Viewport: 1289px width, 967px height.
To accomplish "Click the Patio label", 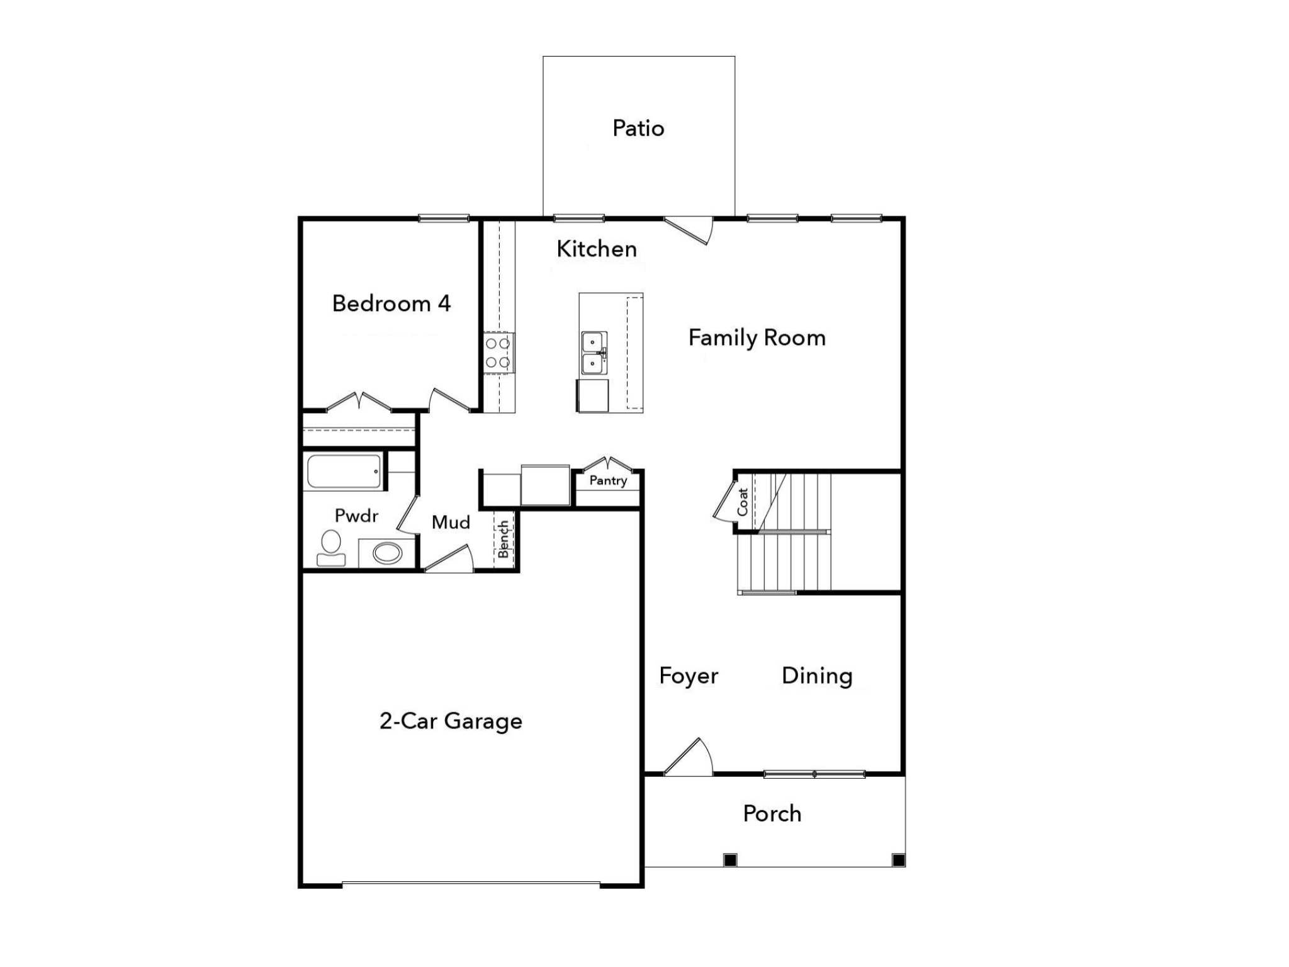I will click(638, 128).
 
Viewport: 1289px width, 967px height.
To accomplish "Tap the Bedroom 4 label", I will click(391, 303).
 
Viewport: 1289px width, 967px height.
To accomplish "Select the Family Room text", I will click(757, 338).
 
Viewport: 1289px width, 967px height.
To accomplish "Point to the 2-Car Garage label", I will click(451, 721).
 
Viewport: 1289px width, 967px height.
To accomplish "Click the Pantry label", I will click(608, 481).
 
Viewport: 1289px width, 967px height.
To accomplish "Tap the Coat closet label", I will click(743, 502).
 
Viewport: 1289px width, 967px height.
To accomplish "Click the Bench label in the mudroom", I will click(504, 539).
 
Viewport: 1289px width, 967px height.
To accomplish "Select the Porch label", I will click(772, 814).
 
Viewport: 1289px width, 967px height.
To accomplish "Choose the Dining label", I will click(817, 676).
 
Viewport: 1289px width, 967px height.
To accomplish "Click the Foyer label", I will click(689, 676).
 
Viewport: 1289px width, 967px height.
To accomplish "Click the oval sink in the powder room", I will click(387, 553).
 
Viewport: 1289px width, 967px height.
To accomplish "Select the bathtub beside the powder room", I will click(344, 472).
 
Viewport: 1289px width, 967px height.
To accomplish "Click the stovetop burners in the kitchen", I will click(498, 353).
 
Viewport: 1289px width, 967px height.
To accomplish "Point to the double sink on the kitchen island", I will click(593, 353).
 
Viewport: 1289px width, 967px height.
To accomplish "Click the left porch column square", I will click(730, 860).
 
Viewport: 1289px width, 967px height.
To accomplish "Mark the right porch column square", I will click(899, 860).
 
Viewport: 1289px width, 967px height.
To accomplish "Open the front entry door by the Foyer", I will click(689, 759).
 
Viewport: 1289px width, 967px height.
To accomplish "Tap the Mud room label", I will click(451, 523).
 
